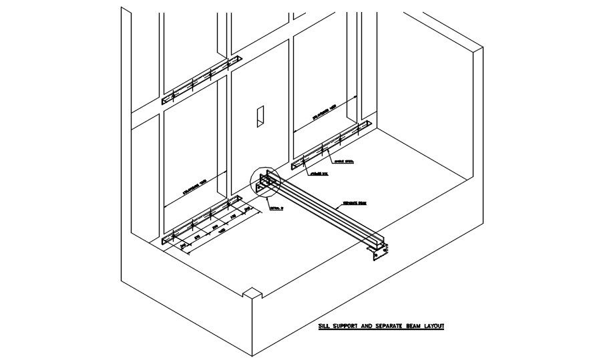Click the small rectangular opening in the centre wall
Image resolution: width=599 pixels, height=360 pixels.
click(259, 116)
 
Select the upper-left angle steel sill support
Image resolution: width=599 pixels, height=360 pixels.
click(200, 81)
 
